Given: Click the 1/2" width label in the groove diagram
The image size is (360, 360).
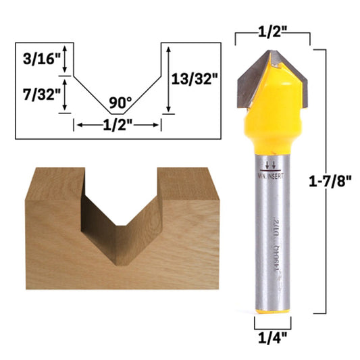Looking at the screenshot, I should [x=118, y=125].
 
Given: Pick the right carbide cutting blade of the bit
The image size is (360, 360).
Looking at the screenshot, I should [x=297, y=78].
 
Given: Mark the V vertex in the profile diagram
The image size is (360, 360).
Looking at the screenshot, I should [x=118, y=112].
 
